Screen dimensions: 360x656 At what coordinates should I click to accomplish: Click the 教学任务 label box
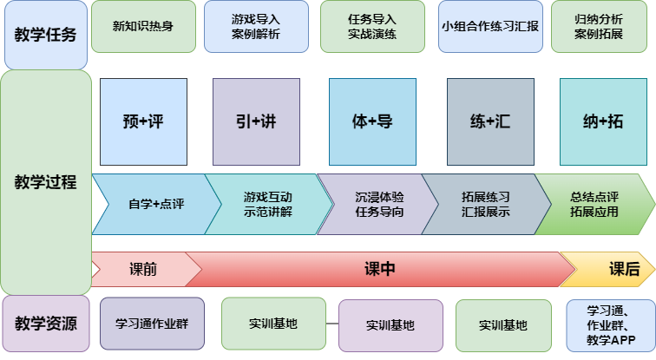(46, 36)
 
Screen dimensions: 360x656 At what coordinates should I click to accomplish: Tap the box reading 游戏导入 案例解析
(256, 26)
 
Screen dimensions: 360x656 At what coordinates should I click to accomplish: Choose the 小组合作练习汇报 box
(489, 26)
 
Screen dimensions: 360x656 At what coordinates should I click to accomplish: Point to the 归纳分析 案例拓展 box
(600, 26)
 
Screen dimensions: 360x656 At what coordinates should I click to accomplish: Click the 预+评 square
(144, 121)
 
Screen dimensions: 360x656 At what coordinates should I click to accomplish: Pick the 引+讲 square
(256, 121)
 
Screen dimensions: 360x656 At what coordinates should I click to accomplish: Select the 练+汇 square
(490, 121)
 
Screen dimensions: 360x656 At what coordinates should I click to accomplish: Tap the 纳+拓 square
(603, 121)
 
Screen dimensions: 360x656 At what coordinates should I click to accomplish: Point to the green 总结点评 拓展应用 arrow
(594, 205)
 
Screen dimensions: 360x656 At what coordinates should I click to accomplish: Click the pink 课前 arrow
(143, 270)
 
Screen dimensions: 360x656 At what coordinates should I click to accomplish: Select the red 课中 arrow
(379, 270)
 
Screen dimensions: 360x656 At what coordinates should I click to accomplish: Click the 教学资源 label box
(46, 324)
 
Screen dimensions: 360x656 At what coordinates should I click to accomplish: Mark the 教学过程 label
(46, 182)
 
